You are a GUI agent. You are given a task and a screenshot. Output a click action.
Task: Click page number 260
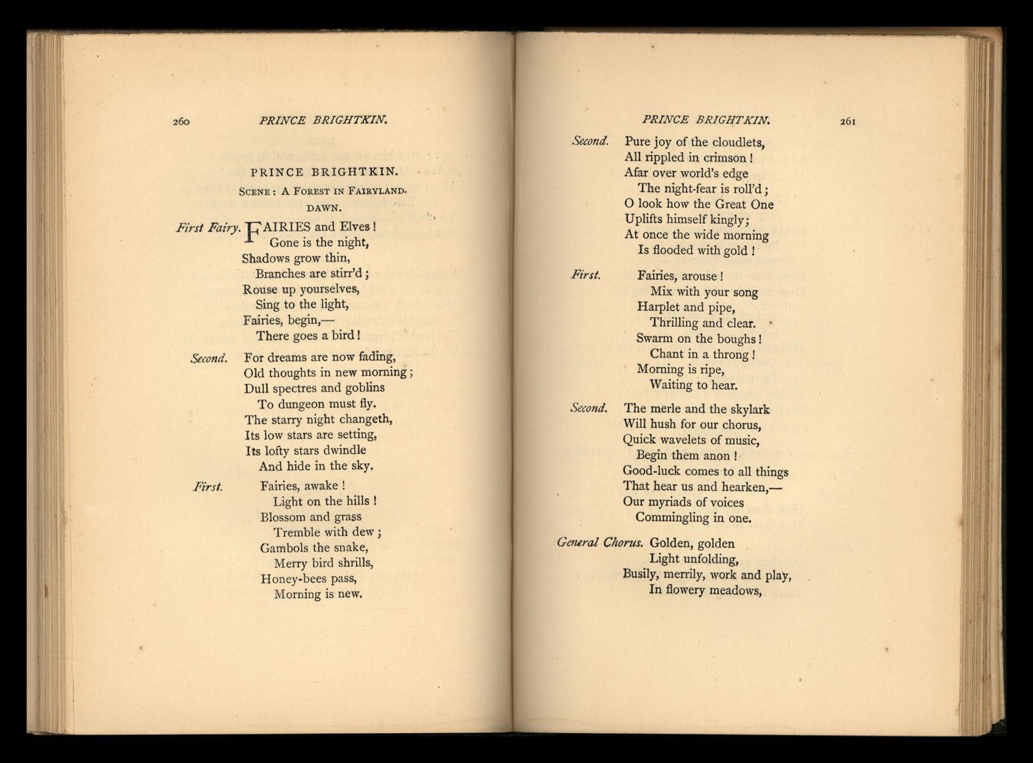[x=182, y=121]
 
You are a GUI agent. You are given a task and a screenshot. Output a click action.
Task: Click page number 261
[x=850, y=121]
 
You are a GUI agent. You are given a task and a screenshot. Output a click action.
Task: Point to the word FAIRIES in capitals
[x=281, y=227]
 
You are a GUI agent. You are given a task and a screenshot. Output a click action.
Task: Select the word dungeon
[x=306, y=404]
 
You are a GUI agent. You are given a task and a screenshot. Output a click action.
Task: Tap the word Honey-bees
[x=292, y=578]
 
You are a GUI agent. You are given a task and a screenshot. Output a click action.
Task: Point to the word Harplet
[x=657, y=307]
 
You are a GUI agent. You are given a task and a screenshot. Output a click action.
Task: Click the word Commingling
[x=673, y=517]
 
